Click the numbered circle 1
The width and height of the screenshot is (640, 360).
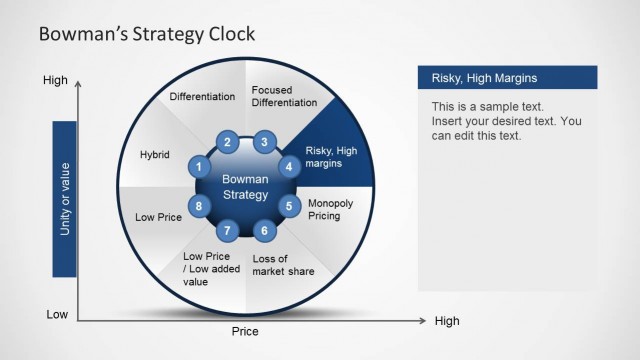(x=200, y=167)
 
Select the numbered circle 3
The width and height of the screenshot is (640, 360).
(x=264, y=142)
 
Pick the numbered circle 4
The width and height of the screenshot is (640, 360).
(x=289, y=167)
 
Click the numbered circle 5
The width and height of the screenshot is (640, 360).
(x=289, y=207)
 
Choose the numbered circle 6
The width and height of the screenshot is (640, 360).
(x=264, y=231)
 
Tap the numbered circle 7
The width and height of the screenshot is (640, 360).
(x=227, y=231)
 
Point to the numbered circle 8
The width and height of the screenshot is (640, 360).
(x=200, y=207)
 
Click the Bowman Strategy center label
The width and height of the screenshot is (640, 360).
(x=245, y=186)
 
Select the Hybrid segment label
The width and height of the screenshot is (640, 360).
(x=155, y=155)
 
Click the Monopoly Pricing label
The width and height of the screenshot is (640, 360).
(x=330, y=208)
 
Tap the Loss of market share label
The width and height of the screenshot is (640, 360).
(x=283, y=265)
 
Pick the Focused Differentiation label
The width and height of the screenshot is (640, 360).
(x=283, y=97)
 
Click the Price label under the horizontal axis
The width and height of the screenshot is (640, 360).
(x=245, y=331)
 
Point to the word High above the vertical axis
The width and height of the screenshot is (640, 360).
(x=55, y=79)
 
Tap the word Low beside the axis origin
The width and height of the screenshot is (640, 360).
(x=57, y=314)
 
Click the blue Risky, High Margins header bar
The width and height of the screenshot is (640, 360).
(x=506, y=78)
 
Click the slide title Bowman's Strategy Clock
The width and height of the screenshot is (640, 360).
(x=146, y=34)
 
